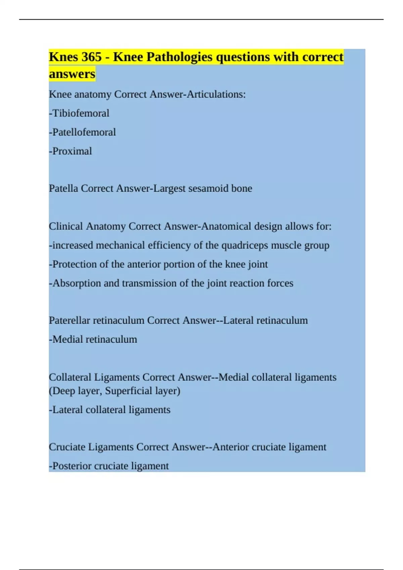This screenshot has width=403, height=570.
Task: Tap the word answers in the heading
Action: coord(72,74)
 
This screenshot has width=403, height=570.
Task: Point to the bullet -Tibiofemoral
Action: coord(79,113)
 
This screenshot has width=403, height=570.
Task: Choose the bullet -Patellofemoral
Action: coord(83,132)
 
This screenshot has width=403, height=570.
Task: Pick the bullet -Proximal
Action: coord(71,151)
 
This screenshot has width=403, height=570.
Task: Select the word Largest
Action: coord(169,188)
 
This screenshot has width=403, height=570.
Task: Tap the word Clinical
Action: coord(66,226)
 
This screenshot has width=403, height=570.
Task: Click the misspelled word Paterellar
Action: coord(70,321)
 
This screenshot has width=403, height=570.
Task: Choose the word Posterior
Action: coord(72,466)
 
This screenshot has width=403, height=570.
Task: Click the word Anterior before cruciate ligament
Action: coord(231,447)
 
